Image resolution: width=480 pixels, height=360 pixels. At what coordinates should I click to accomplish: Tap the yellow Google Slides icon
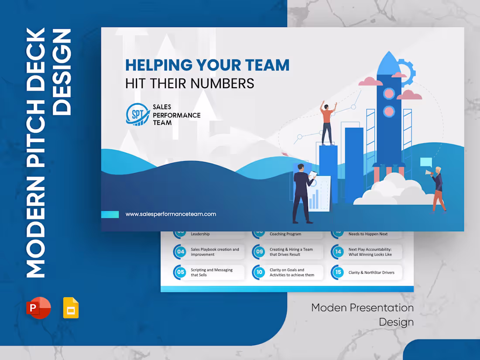(x=71, y=308)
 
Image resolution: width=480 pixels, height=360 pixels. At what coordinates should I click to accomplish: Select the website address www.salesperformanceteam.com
(x=171, y=214)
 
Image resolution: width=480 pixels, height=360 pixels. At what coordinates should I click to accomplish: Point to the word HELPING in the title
(x=158, y=65)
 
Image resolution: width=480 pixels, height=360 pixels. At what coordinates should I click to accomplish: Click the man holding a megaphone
(x=437, y=189)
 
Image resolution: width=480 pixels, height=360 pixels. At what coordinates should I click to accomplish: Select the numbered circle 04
(x=180, y=252)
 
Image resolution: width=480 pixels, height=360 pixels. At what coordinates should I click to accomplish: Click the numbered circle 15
(x=338, y=272)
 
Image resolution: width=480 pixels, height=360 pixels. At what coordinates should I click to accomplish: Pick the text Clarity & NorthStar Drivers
(x=371, y=273)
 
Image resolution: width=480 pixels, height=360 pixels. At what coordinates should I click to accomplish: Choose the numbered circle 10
(x=259, y=272)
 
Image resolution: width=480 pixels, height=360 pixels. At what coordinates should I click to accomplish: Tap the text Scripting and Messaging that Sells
(x=212, y=272)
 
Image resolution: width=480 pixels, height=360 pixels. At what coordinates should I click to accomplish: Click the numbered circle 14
(x=338, y=252)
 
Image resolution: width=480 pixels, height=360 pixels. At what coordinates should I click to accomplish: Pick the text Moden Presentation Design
(x=362, y=315)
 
